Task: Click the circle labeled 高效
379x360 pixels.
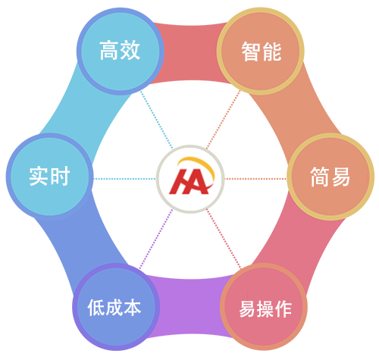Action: point(121,52)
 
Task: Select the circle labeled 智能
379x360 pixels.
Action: point(261,52)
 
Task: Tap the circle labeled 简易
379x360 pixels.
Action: point(330,177)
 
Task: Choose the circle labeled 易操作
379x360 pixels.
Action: point(264,307)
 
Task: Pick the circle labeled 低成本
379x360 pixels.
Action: point(116,307)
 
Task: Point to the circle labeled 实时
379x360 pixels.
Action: point(50,176)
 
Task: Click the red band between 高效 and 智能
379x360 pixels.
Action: point(190,52)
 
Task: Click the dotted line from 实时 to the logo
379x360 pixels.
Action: point(124,179)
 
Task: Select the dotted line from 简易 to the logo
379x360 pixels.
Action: point(255,179)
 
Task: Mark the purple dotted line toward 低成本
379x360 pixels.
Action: point(156,239)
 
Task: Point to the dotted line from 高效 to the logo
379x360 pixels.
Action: point(157,120)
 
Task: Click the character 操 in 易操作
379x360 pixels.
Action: point(265,309)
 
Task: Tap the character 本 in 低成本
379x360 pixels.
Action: point(133,308)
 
